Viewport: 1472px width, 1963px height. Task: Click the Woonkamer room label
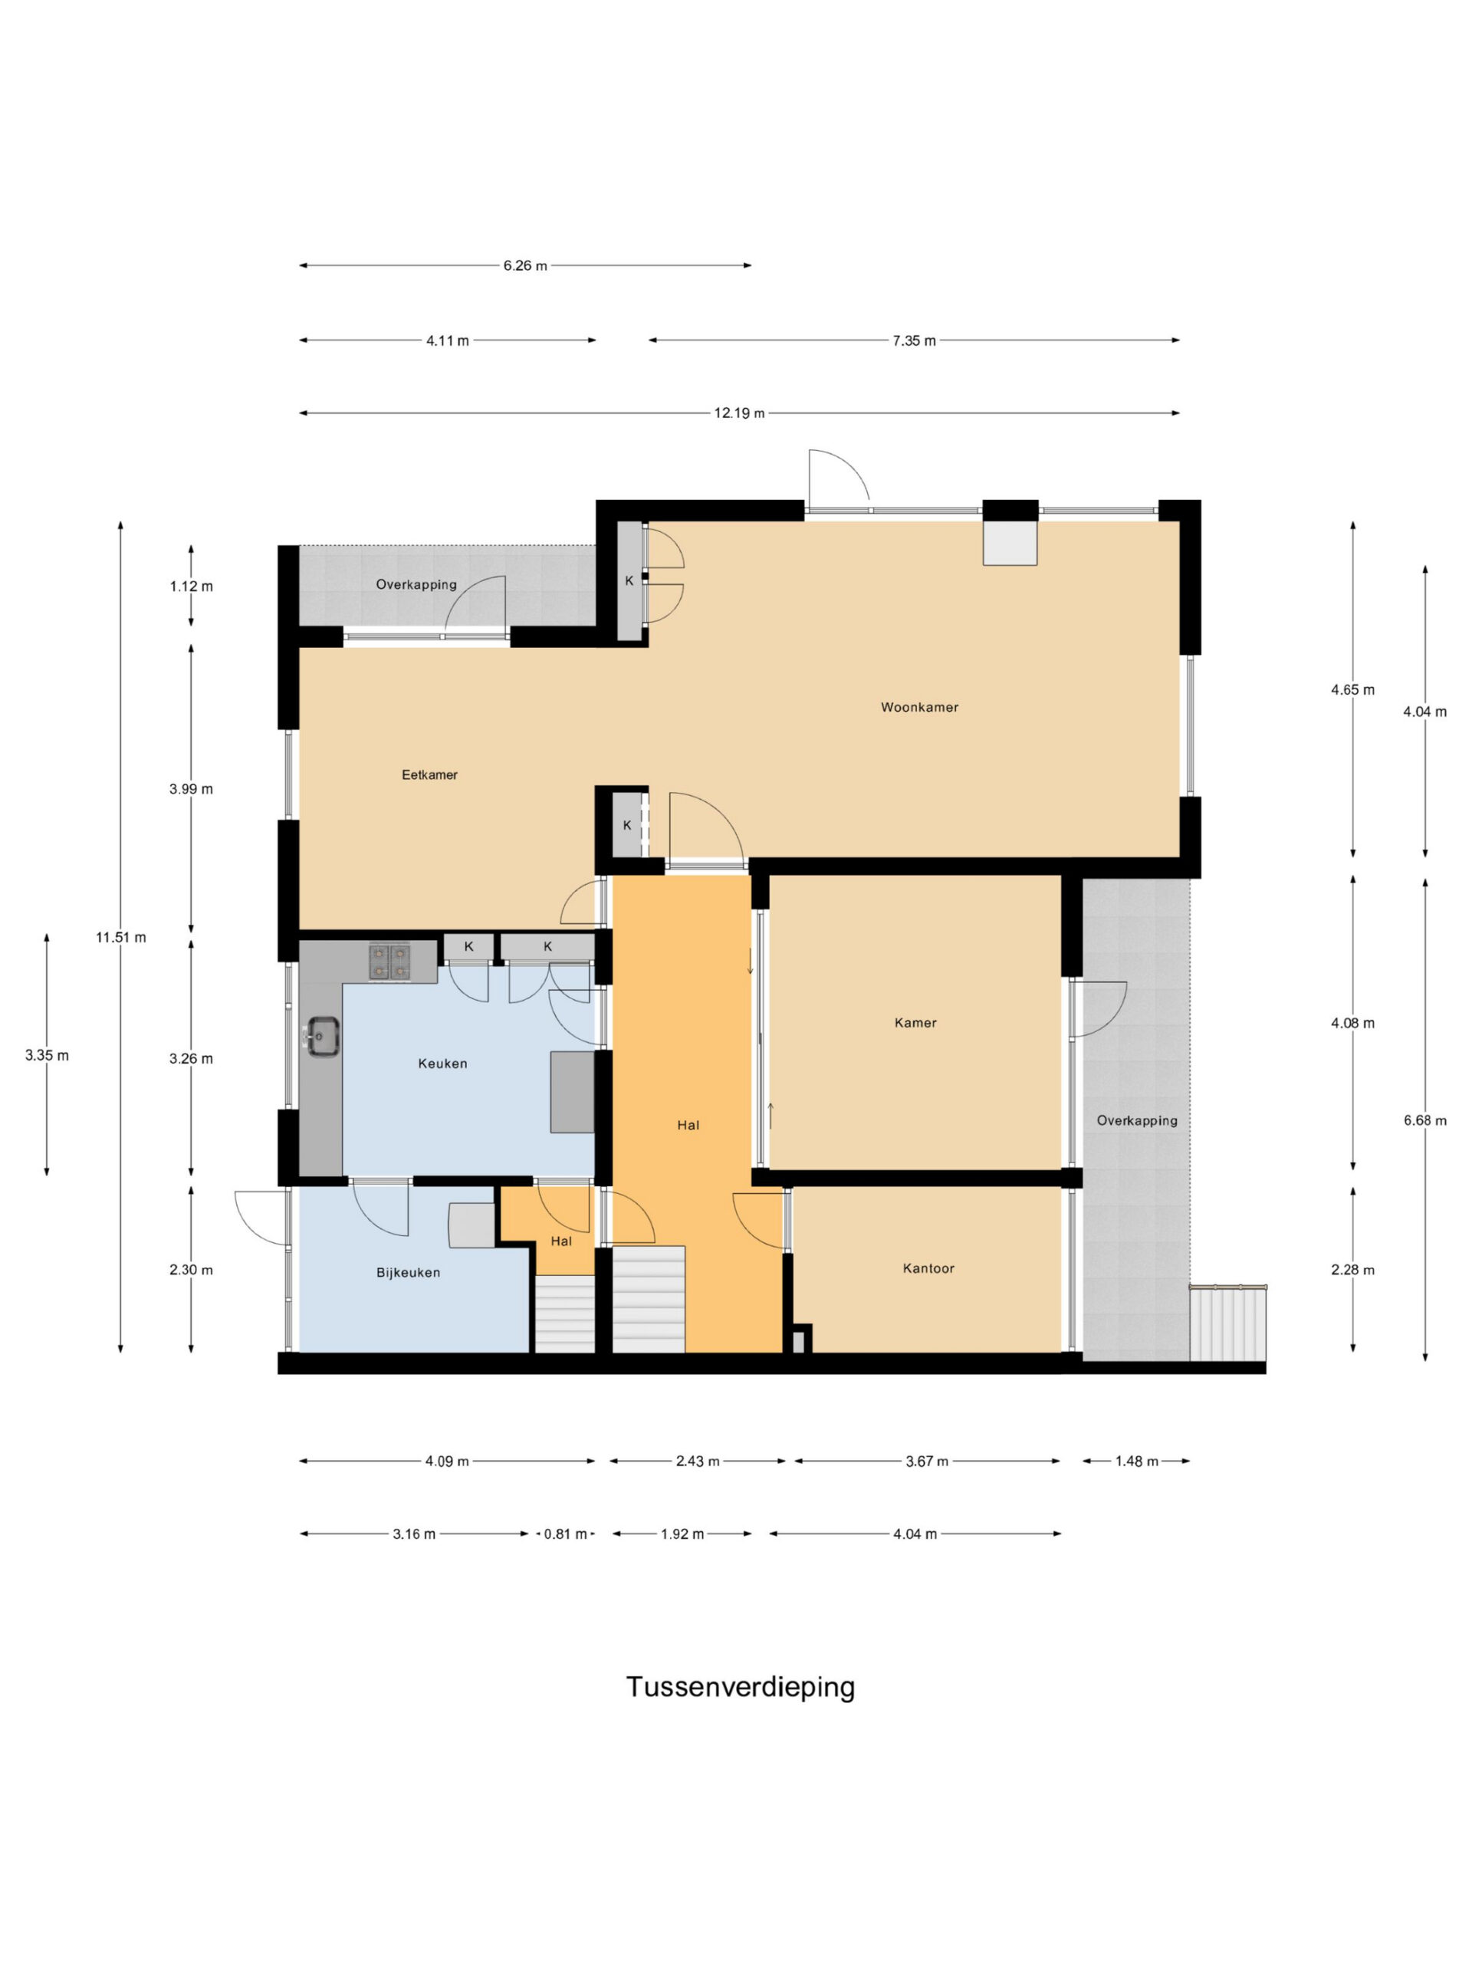tap(919, 707)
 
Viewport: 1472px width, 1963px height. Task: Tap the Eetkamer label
tap(429, 774)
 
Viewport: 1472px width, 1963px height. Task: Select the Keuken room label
tap(443, 1063)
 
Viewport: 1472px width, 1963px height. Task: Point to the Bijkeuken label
tap(408, 1273)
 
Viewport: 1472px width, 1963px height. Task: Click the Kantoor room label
tap(929, 1268)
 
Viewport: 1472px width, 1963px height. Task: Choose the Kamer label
tap(915, 1022)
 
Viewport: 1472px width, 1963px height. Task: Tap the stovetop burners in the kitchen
tap(390, 962)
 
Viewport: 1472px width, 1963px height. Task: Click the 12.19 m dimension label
tap(739, 413)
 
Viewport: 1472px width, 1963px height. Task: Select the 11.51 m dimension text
tap(122, 937)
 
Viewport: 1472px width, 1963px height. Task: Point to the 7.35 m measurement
tap(914, 340)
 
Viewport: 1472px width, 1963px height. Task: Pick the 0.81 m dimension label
tap(565, 1534)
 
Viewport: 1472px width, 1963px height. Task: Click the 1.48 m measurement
tap(1137, 1461)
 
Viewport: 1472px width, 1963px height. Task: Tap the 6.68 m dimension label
tap(1425, 1121)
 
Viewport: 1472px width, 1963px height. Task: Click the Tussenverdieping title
tap(741, 1687)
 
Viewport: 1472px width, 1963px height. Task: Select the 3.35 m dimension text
tap(47, 1055)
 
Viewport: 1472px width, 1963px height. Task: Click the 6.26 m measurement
tap(525, 265)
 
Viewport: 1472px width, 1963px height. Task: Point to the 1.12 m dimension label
tap(192, 586)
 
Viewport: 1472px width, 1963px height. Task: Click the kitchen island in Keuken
tap(572, 1092)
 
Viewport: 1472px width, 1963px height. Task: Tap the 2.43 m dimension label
tap(698, 1461)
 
